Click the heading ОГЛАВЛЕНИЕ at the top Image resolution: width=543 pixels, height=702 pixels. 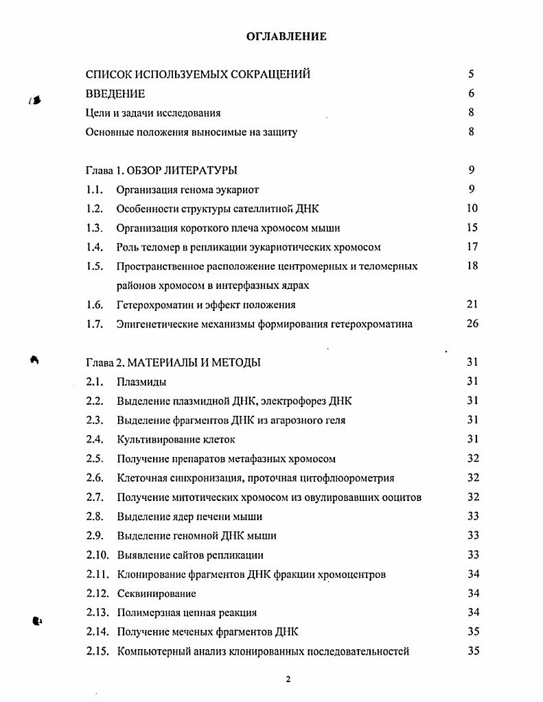coord(286,36)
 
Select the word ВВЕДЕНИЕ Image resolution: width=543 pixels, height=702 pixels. coord(115,93)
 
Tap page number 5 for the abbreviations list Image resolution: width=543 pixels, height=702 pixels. coord(472,74)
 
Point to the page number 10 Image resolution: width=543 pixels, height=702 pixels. coord(472,209)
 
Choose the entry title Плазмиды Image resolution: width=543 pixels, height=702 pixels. coord(141,382)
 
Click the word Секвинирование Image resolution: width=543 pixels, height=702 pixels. coord(157,594)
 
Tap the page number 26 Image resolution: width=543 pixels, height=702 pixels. coord(472,324)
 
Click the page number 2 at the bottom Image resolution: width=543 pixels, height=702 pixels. coord(288,679)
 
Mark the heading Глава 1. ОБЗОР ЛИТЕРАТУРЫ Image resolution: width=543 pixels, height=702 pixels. coord(161,170)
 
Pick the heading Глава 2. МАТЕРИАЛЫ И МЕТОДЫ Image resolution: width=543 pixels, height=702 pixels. coord(172,362)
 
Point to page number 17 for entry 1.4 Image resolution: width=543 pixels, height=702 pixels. coord(472,247)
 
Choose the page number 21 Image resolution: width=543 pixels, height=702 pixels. coord(472,305)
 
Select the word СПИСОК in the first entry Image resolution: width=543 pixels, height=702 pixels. coord(106,74)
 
